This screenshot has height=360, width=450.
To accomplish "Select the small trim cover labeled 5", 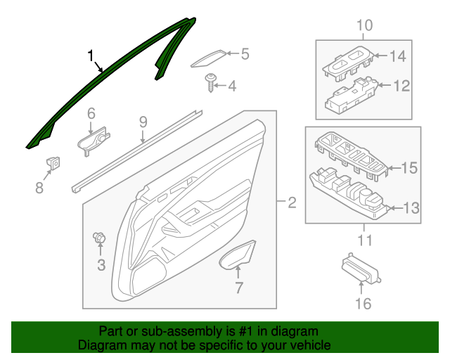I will click(210, 59).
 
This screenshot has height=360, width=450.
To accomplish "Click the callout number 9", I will click(143, 122).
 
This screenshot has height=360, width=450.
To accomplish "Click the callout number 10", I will click(364, 27).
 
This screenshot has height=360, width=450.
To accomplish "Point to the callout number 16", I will click(362, 304).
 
